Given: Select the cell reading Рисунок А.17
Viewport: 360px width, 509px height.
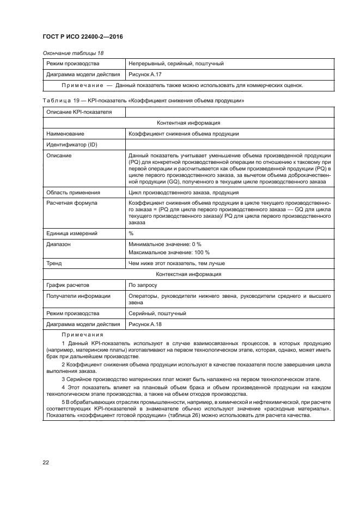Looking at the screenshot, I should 144,74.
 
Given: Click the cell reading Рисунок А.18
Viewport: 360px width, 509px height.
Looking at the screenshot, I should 144,324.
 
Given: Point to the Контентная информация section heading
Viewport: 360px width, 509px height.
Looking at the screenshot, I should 188,123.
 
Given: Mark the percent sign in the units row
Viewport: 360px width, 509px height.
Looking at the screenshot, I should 131,234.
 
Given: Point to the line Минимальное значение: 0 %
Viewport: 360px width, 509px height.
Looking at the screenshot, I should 164,244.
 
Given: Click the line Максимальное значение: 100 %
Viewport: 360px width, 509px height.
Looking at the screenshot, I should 169,253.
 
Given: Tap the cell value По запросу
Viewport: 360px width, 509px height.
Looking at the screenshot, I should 143,285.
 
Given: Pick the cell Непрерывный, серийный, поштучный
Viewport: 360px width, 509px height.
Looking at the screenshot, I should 176,64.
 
